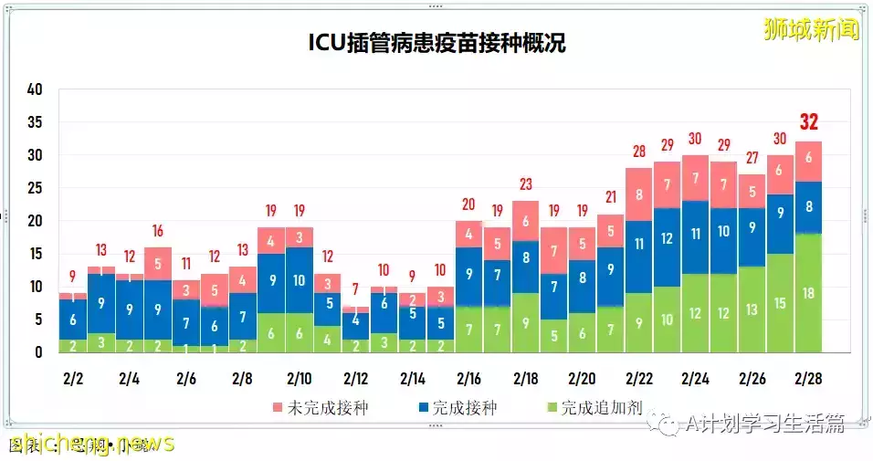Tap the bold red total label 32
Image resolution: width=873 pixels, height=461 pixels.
point(809,121)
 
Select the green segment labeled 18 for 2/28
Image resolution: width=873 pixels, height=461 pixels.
point(809,293)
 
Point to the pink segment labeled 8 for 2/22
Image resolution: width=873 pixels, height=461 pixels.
point(639,194)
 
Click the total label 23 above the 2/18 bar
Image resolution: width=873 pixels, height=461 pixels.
point(526,183)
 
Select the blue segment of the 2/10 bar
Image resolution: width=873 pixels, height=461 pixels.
point(300,280)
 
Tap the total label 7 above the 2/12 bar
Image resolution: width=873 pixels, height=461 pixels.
point(356,288)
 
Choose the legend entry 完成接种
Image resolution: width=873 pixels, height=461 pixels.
point(454,407)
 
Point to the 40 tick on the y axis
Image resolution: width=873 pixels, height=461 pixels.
point(35,89)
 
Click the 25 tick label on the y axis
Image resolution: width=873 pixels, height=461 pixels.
point(35,188)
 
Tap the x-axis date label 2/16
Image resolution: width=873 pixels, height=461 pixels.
point(469,378)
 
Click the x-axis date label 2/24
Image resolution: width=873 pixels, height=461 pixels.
point(696,378)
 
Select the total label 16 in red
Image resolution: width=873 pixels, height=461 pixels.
point(158,230)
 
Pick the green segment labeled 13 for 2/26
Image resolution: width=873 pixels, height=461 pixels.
point(752,309)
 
